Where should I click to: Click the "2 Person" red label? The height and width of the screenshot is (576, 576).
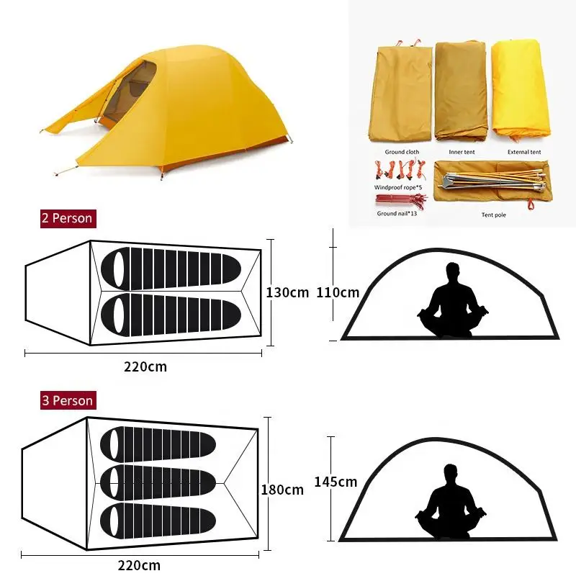click(x=67, y=217)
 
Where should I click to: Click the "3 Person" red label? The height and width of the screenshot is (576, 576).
click(x=67, y=400)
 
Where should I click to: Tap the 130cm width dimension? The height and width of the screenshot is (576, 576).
click(x=287, y=293)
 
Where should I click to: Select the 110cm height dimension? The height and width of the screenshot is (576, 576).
click(x=338, y=293)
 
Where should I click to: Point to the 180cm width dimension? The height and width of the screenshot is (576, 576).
click(x=282, y=490)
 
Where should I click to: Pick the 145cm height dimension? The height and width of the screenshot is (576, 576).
click(x=336, y=482)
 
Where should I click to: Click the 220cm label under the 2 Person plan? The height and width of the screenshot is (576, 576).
click(x=145, y=366)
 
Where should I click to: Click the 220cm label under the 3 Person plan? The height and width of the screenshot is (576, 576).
click(x=138, y=565)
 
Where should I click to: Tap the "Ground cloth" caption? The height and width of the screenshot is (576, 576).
click(x=402, y=152)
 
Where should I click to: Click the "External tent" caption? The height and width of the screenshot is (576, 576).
click(x=524, y=152)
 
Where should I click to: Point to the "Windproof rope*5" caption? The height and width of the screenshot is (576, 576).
click(x=398, y=187)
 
